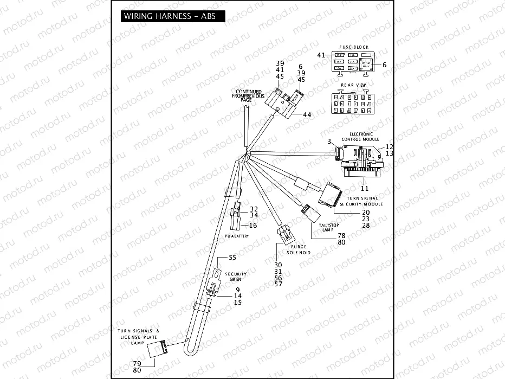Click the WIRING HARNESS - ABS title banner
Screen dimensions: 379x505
click(169, 16)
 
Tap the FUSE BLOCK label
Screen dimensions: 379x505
click(353, 47)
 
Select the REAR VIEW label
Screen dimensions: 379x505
click(353, 85)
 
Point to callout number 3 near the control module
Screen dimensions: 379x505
click(328, 142)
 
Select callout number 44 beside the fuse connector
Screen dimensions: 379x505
click(307, 115)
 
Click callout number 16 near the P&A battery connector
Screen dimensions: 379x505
click(253, 225)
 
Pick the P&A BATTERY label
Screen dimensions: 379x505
click(236, 237)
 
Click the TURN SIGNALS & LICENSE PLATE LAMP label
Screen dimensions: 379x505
click(138, 337)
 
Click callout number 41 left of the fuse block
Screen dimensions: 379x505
click(321, 55)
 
